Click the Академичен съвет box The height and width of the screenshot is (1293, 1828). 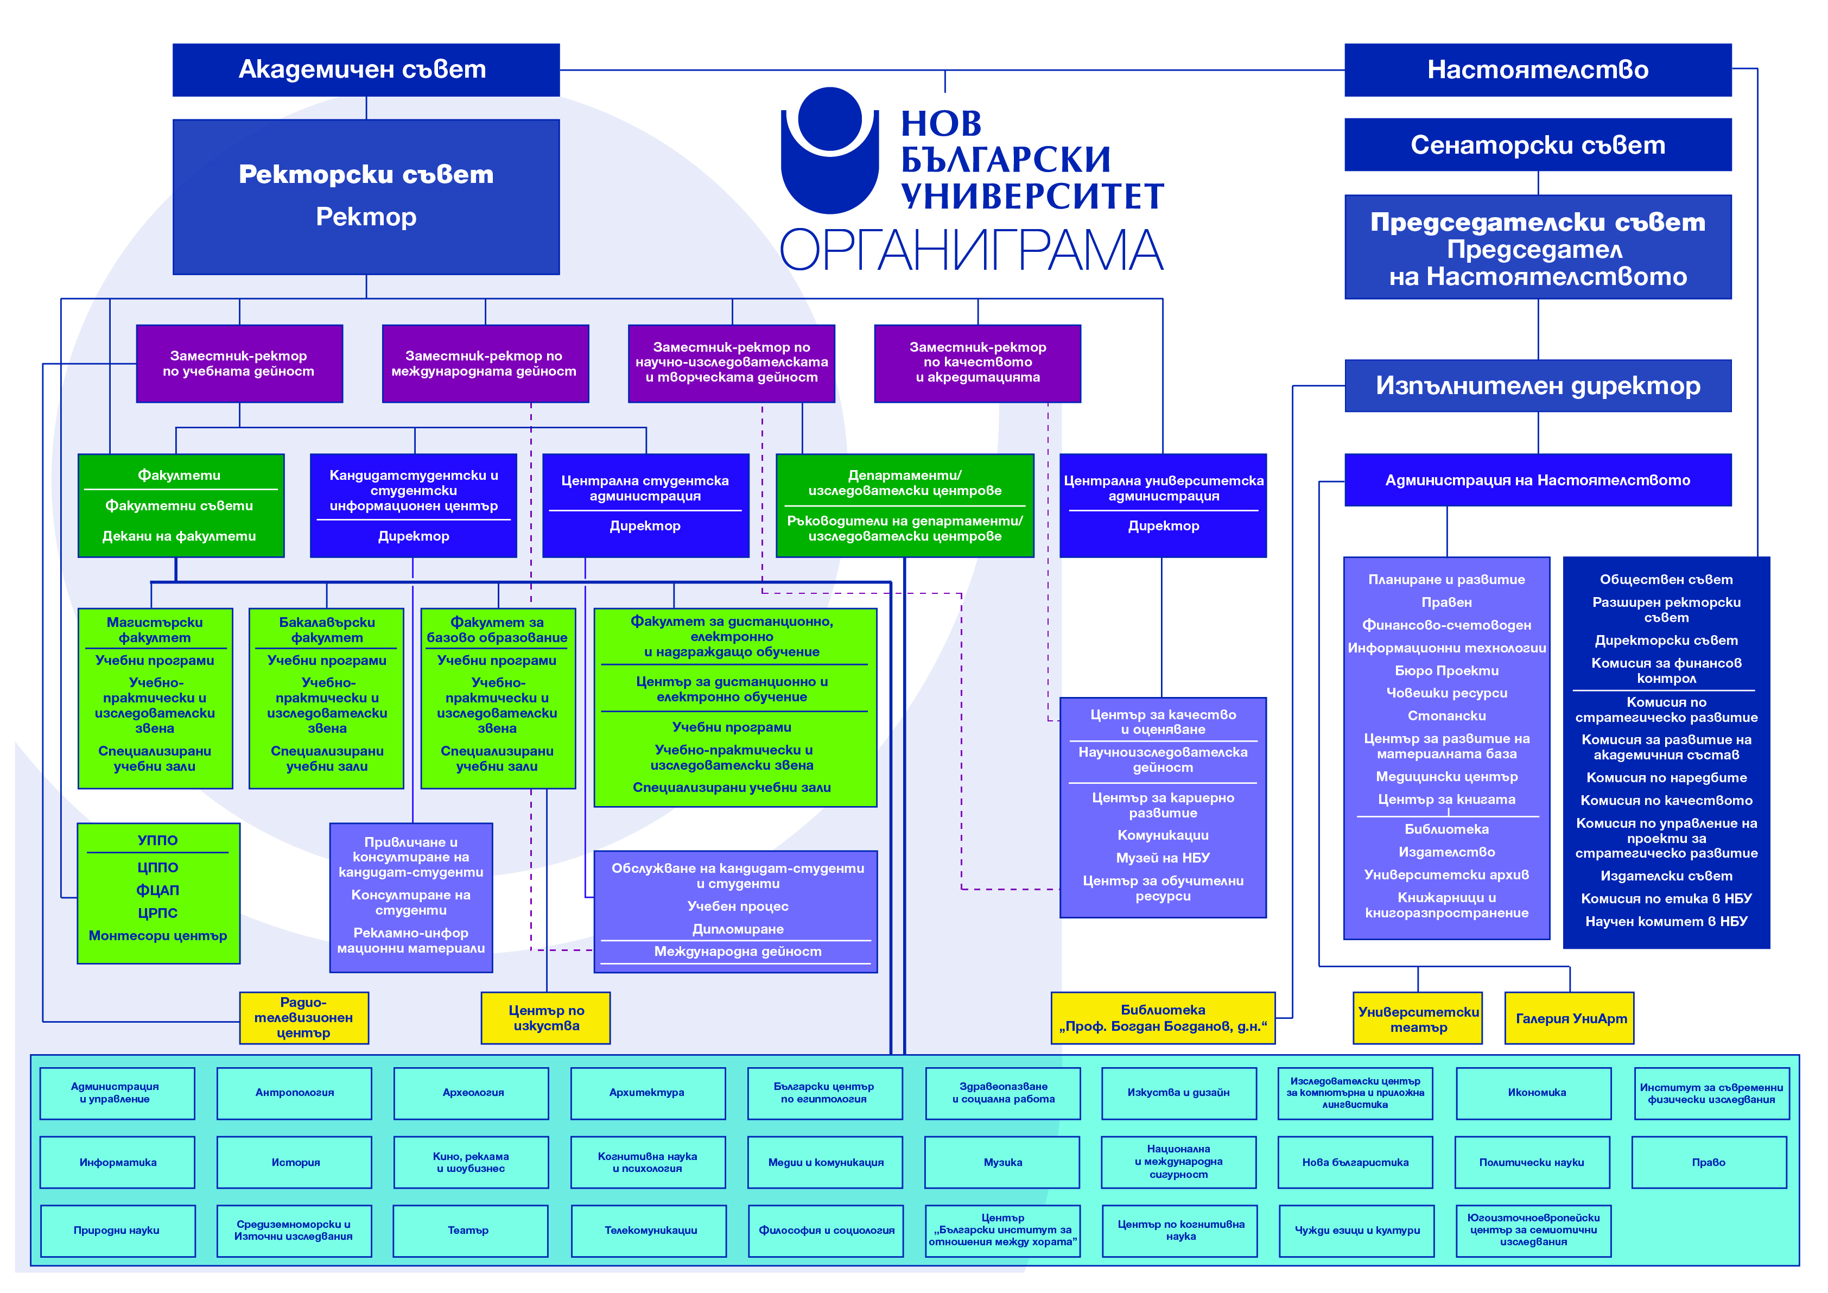point(366,70)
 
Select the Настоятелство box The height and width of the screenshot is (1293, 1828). point(1538,70)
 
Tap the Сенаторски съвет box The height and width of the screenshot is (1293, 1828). point(1538,145)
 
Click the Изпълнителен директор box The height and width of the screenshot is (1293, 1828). point(1538,386)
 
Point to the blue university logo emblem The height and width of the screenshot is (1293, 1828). point(830,150)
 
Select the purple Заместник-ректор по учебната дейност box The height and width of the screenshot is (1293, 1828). point(240,364)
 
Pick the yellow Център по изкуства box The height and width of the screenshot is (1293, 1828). point(546,1018)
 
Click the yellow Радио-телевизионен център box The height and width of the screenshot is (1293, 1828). point(304,1018)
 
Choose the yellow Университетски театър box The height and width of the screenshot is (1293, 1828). point(1418,1018)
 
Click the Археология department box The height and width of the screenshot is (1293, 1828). point(471,1093)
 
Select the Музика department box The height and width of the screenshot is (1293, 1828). point(1002,1162)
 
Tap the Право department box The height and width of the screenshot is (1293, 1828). point(1709,1162)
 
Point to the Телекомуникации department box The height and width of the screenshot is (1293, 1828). point(649,1231)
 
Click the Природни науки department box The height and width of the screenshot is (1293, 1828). point(117,1231)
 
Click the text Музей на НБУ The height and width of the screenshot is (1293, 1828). point(1163,858)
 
